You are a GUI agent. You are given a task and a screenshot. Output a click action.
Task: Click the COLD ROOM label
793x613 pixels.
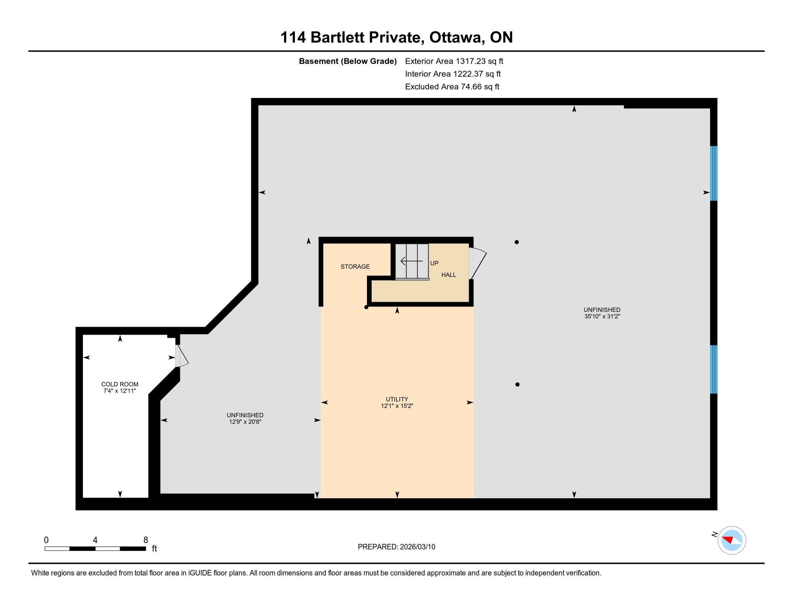pos(120,384)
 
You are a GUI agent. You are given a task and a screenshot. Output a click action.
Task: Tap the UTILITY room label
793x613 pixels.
pos(397,399)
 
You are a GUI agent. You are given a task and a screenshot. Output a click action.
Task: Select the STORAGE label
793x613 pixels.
pos(355,266)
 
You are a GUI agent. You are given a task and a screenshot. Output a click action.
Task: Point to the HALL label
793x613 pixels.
pos(449,275)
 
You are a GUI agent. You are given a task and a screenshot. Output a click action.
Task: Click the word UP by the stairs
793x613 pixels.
pos(434,263)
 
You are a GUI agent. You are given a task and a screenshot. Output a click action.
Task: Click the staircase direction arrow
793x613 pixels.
pos(412,261)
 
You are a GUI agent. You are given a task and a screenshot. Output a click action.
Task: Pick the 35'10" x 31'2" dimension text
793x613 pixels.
pos(602,316)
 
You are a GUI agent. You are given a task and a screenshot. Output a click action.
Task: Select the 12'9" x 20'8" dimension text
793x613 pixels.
pos(245,422)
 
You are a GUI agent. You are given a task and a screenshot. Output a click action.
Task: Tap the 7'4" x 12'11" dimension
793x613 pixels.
pos(120,391)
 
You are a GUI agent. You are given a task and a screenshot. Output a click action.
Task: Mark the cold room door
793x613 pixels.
pos(182,356)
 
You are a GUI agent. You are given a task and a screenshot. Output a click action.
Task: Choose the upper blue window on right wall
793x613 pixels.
pos(713,173)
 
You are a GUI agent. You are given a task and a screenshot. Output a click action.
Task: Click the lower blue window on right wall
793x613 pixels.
pos(713,369)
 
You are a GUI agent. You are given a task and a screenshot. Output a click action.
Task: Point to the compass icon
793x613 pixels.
pos(732,540)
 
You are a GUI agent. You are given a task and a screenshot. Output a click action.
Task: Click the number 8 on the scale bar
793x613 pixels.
pos(146,540)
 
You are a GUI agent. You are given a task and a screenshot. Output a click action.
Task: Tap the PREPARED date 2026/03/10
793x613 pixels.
pos(417,547)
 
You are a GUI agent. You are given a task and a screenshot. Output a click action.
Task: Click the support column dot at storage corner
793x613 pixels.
pos(366,307)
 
